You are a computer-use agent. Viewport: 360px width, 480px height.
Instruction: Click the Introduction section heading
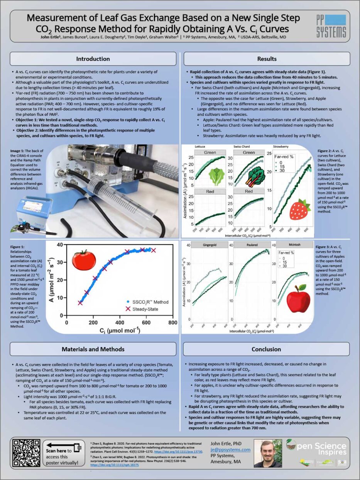tap(93, 59)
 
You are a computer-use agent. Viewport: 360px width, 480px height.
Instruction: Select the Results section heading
tap(267, 59)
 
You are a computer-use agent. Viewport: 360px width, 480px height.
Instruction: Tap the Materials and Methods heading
tap(93, 349)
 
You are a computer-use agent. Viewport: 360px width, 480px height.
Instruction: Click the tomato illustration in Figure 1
tap(84, 259)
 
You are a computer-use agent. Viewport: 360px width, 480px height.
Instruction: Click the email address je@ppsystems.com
tap(230, 450)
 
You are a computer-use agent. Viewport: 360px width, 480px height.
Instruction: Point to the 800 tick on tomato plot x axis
tap(172, 323)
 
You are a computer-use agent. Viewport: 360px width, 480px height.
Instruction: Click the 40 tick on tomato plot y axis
tap(60, 245)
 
